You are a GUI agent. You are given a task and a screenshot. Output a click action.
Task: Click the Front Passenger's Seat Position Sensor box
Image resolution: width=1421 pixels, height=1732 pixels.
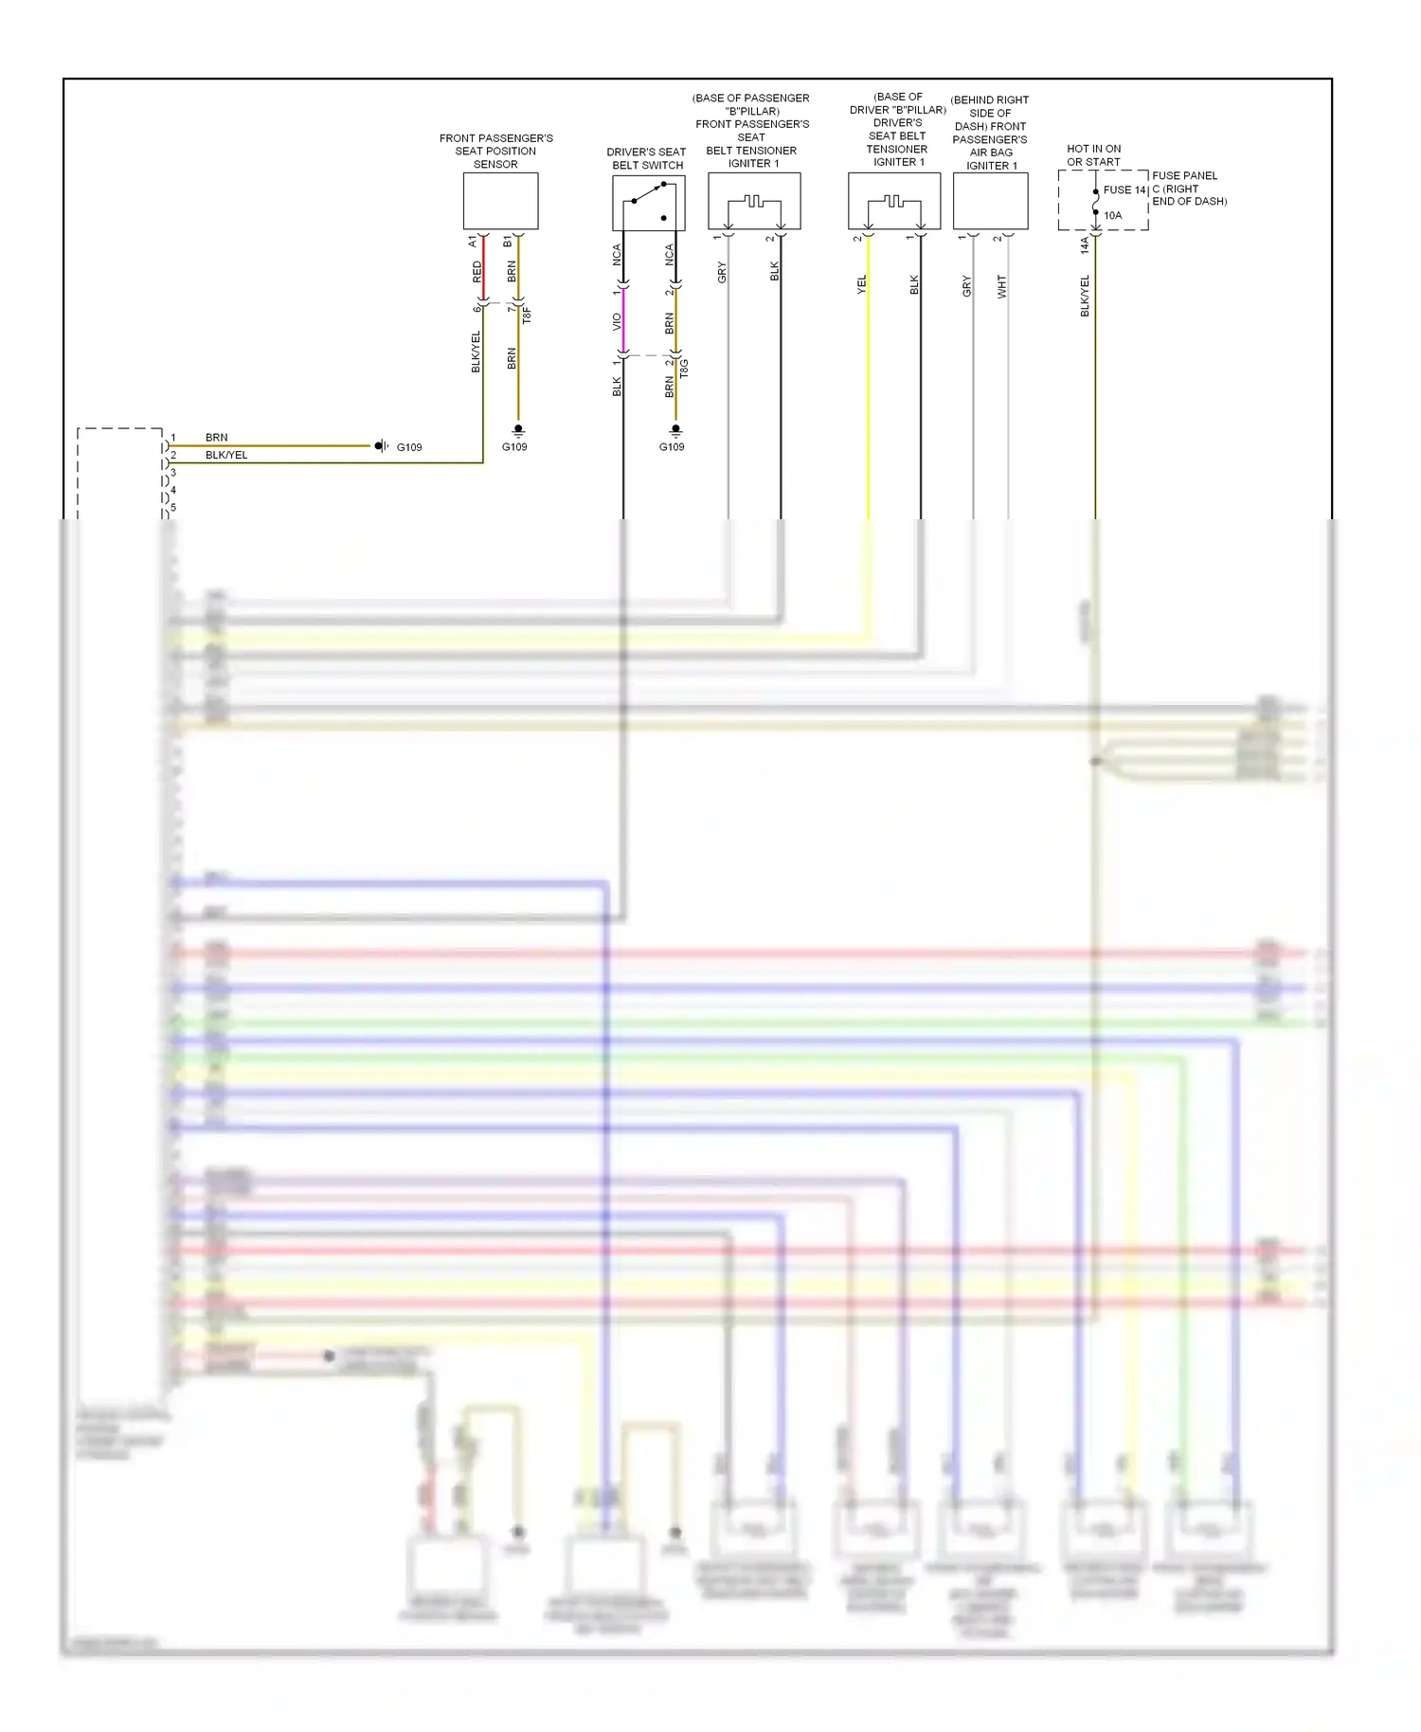coord(500,201)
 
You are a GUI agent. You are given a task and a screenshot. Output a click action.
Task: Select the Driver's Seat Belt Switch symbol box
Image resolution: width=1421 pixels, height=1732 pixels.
coord(648,203)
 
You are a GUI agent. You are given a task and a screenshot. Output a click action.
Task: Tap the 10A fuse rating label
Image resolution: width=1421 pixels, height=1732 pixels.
coord(1112,216)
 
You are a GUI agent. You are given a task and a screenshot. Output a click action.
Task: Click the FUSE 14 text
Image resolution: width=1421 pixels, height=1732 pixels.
coord(1124,190)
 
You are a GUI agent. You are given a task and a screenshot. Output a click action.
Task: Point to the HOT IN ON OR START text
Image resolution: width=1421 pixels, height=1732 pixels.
coord(1093,155)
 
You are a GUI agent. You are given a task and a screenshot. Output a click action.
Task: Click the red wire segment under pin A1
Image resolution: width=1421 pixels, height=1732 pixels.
coord(484,270)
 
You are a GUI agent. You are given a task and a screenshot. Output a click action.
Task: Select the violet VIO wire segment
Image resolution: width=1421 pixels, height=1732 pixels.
coord(623,322)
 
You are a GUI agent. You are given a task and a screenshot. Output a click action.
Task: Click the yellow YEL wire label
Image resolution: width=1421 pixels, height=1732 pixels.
coord(861,284)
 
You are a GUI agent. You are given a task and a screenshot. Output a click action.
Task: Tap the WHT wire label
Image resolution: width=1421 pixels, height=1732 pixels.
coord(1001,287)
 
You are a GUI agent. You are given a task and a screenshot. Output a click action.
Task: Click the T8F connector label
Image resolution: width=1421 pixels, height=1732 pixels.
coord(527,315)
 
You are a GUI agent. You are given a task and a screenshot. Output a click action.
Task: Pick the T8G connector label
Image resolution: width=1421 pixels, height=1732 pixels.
coord(684,369)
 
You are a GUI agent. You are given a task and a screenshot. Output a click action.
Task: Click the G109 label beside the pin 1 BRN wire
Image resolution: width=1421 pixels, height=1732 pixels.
coord(409,447)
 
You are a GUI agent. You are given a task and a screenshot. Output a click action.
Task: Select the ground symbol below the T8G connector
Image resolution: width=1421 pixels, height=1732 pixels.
coord(675,430)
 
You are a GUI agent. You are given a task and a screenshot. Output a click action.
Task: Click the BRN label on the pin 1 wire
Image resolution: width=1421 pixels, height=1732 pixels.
coord(216,438)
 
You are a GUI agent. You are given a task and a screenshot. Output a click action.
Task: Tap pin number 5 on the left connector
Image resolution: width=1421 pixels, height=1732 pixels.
coord(173,508)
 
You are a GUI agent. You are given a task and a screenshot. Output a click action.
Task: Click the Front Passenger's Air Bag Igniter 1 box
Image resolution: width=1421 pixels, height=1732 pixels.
coord(990,201)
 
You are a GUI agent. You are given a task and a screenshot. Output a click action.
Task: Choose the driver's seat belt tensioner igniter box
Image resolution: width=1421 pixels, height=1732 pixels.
coord(893,201)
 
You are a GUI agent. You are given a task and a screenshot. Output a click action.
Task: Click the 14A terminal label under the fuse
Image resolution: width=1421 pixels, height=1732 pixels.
coord(1085,245)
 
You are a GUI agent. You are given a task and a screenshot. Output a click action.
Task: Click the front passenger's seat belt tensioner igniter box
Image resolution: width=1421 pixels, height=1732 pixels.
coord(754,201)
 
